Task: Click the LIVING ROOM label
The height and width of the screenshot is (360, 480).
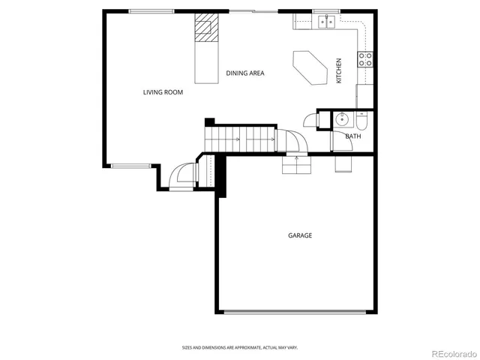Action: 163,92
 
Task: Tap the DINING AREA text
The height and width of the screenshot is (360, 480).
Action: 245,73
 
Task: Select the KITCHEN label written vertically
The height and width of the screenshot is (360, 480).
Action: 339,70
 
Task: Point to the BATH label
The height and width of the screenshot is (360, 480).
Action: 352,136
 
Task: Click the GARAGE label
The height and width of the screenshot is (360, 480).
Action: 300,235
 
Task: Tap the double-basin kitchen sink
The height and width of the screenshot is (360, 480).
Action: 325,22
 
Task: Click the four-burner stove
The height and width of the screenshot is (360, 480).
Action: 366,59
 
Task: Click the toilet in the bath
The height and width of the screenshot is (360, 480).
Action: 361,120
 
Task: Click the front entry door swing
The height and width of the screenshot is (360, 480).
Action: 182,177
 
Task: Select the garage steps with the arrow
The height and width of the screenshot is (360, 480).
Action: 296,163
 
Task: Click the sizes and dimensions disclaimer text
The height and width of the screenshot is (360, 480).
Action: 240,347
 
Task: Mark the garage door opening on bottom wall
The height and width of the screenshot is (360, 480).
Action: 296,313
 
